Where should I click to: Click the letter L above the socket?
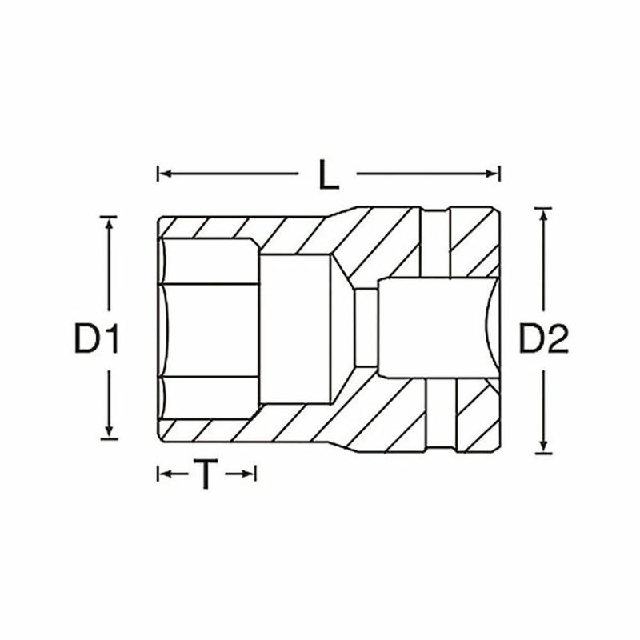(328, 174)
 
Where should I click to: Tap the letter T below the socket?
(206, 475)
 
